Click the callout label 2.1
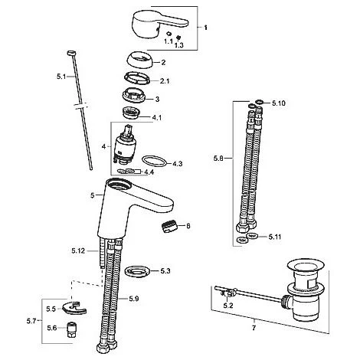[165, 81]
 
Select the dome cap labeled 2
[139, 60]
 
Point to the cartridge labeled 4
[124, 145]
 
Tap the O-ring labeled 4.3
[155, 162]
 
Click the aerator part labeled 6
[169, 227]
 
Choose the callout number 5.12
[78, 251]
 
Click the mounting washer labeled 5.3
[137, 271]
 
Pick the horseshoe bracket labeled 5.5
[74, 308]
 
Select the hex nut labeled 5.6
[72, 330]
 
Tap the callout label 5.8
[218, 159]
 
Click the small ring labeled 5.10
[260, 102]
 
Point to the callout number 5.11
[275, 237]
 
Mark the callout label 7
[254, 328]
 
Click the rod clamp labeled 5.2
[228, 293]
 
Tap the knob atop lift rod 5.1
[71, 53]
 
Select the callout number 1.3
[178, 45]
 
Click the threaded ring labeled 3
[134, 97]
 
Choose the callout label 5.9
[134, 298]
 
